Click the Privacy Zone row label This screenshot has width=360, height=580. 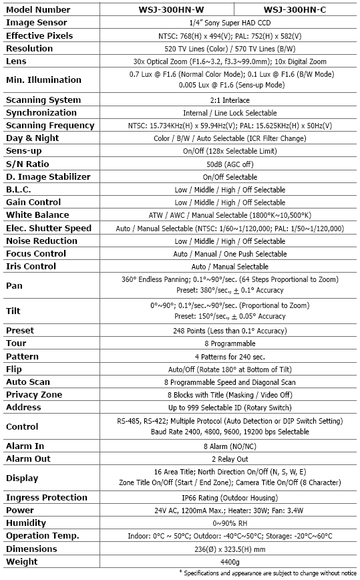pos(34,395)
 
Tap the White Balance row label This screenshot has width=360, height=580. pos(37,215)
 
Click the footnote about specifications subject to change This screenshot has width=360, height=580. pos(268,573)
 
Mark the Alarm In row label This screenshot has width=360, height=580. pos(25,446)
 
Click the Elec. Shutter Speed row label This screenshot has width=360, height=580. pos(49,228)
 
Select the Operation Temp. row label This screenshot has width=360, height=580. pos(43,536)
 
